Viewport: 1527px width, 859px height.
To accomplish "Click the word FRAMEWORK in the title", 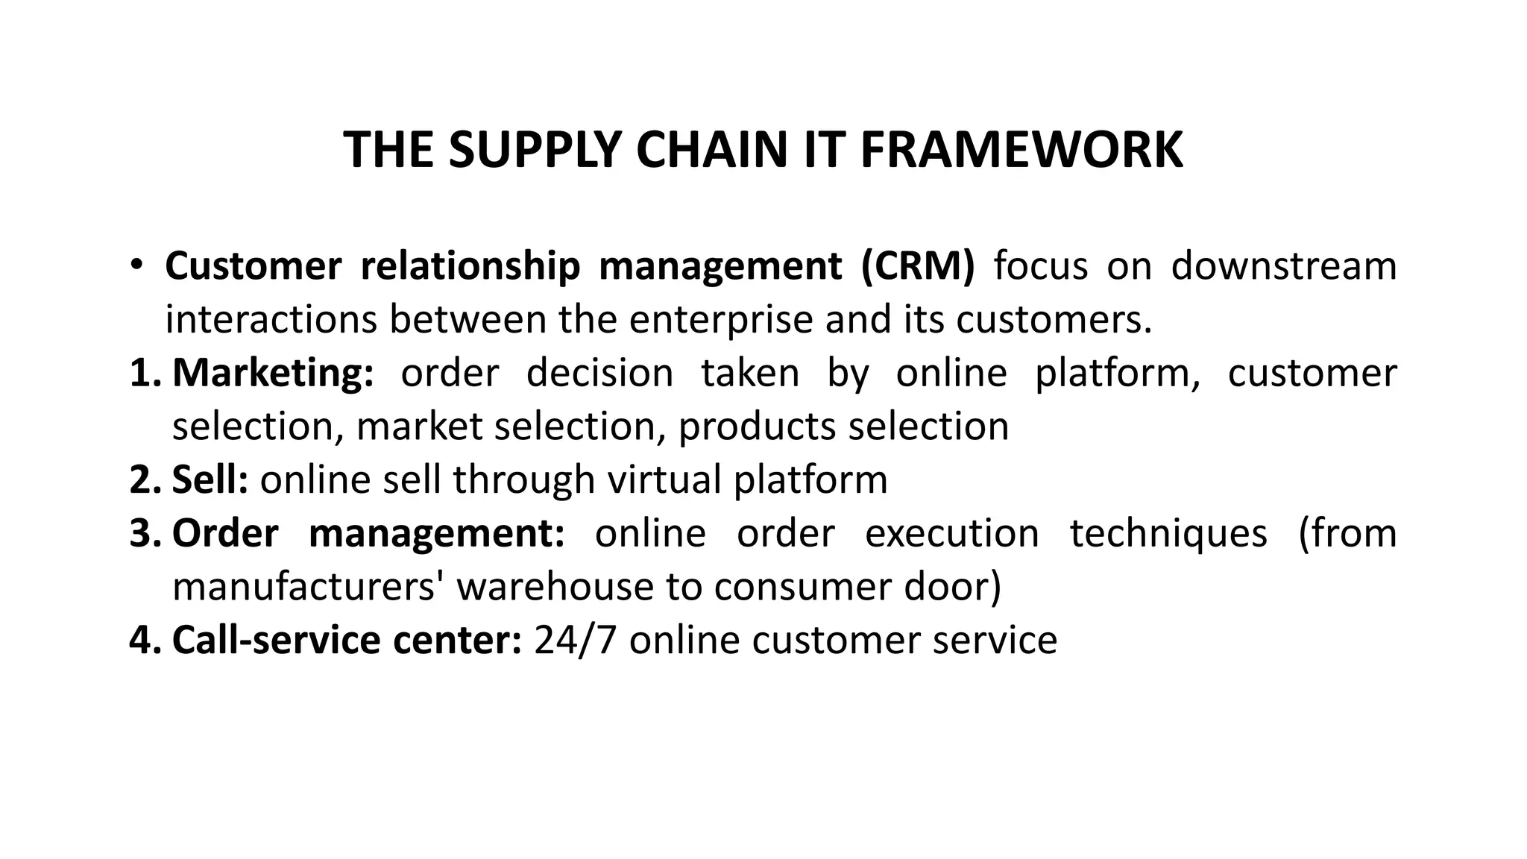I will point(1021,150).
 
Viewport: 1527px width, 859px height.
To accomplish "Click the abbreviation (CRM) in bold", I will point(917,266).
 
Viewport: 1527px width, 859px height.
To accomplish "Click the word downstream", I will point(1283,266).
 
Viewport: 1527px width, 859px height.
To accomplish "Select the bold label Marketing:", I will point(273,373).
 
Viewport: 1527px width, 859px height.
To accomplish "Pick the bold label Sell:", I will point(210,479).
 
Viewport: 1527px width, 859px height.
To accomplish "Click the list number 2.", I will point(145,479).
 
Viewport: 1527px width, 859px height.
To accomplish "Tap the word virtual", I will point(664,479).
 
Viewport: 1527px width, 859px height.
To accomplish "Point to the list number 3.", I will point(145,533).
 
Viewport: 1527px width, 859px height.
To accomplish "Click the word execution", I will point(951,533).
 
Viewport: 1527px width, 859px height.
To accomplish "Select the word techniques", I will point(1168,533).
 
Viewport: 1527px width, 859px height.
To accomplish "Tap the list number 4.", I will point(145,641).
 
